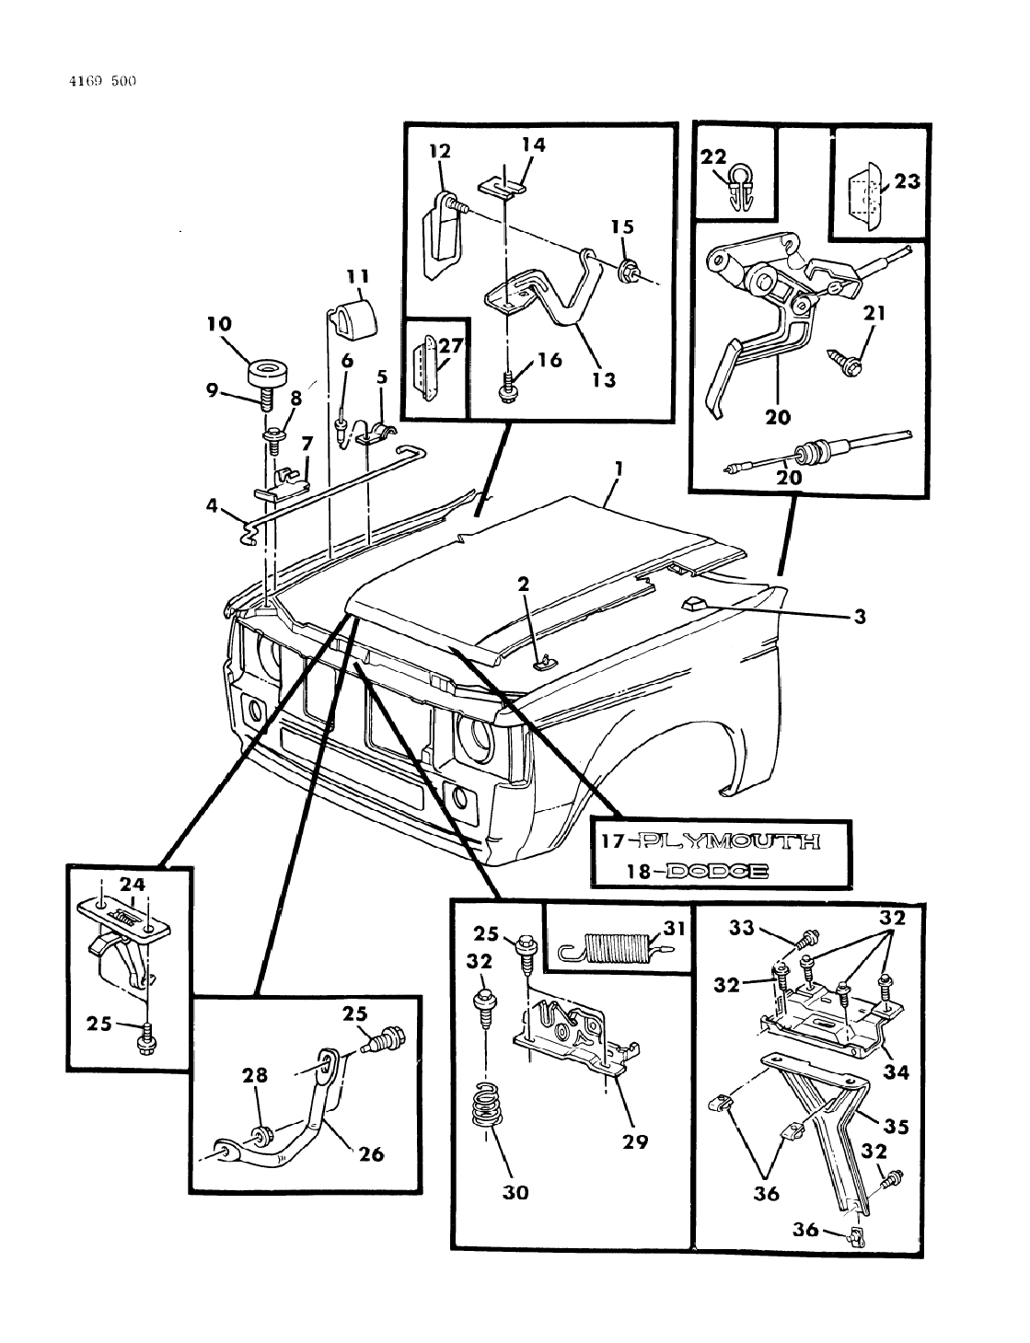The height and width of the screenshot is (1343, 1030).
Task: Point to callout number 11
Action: (357, 275)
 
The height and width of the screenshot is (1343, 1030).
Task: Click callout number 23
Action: (907, 181)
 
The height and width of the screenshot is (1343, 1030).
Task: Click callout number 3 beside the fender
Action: (859, 618)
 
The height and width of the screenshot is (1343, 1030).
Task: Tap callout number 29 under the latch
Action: (634, 1141)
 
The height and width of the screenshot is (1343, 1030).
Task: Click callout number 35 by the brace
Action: (897, 1126)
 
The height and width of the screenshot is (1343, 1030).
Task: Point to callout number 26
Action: (371, 1152)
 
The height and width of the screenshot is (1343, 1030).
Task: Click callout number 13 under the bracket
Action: (603, 378)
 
